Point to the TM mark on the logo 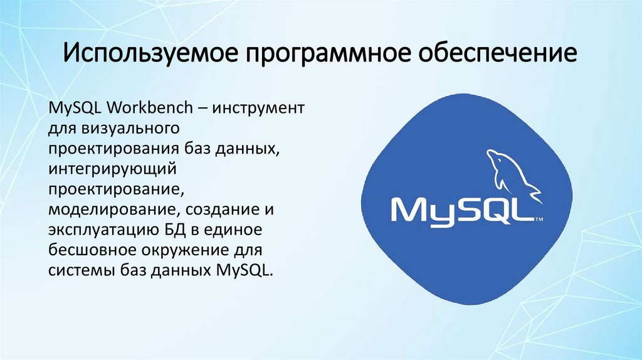click(539, 220)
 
